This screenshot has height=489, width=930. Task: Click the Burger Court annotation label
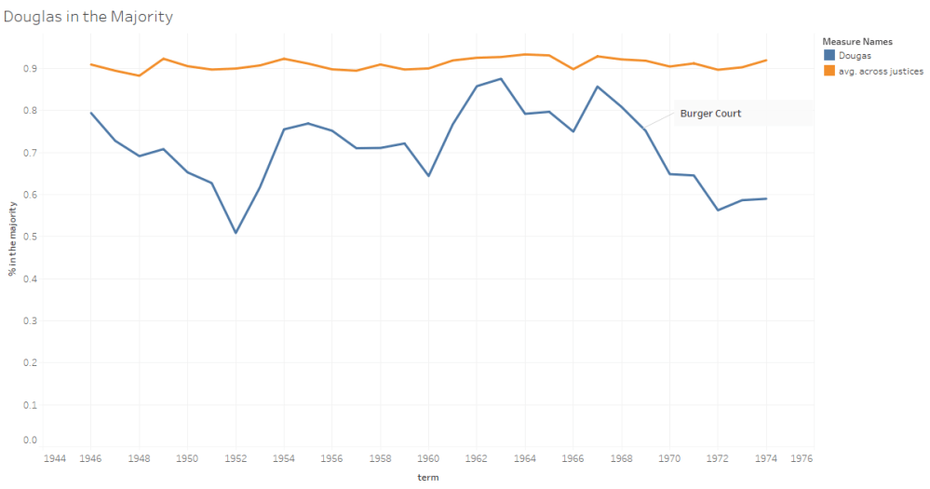coord(710,114)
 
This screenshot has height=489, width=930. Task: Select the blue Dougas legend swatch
coord(829,56)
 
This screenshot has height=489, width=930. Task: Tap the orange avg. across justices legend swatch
coord(829,71)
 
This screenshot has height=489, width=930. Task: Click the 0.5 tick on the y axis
coord(31,237)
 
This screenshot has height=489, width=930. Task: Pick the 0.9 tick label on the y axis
coord(31,69)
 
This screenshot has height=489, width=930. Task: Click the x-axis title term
coord(428,477)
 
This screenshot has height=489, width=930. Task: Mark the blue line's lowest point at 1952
coord(236,233)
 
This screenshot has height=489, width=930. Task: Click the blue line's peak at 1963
coord(501,79)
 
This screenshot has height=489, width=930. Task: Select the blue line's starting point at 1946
coord(91,113)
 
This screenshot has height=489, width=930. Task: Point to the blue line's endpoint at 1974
coord(766,198)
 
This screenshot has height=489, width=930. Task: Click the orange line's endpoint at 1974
coord(766,61)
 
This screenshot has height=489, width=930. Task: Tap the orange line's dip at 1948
coord(140,75)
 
